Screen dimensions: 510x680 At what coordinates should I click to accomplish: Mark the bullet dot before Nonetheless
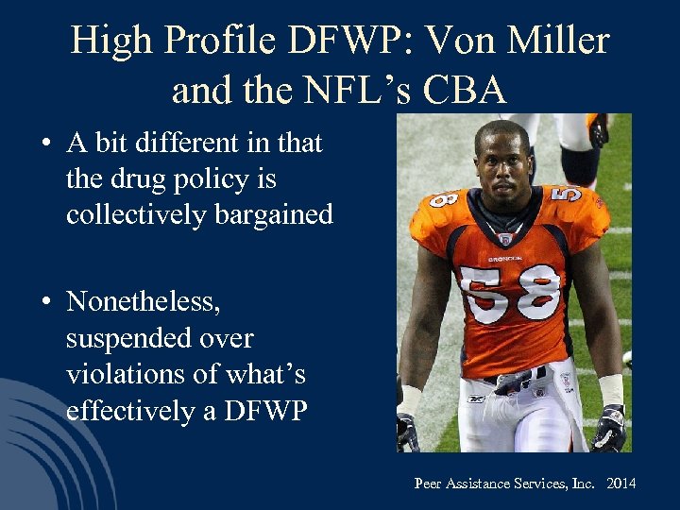tap(45, 303)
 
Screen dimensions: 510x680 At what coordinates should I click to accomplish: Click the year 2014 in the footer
tap(620, 484)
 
